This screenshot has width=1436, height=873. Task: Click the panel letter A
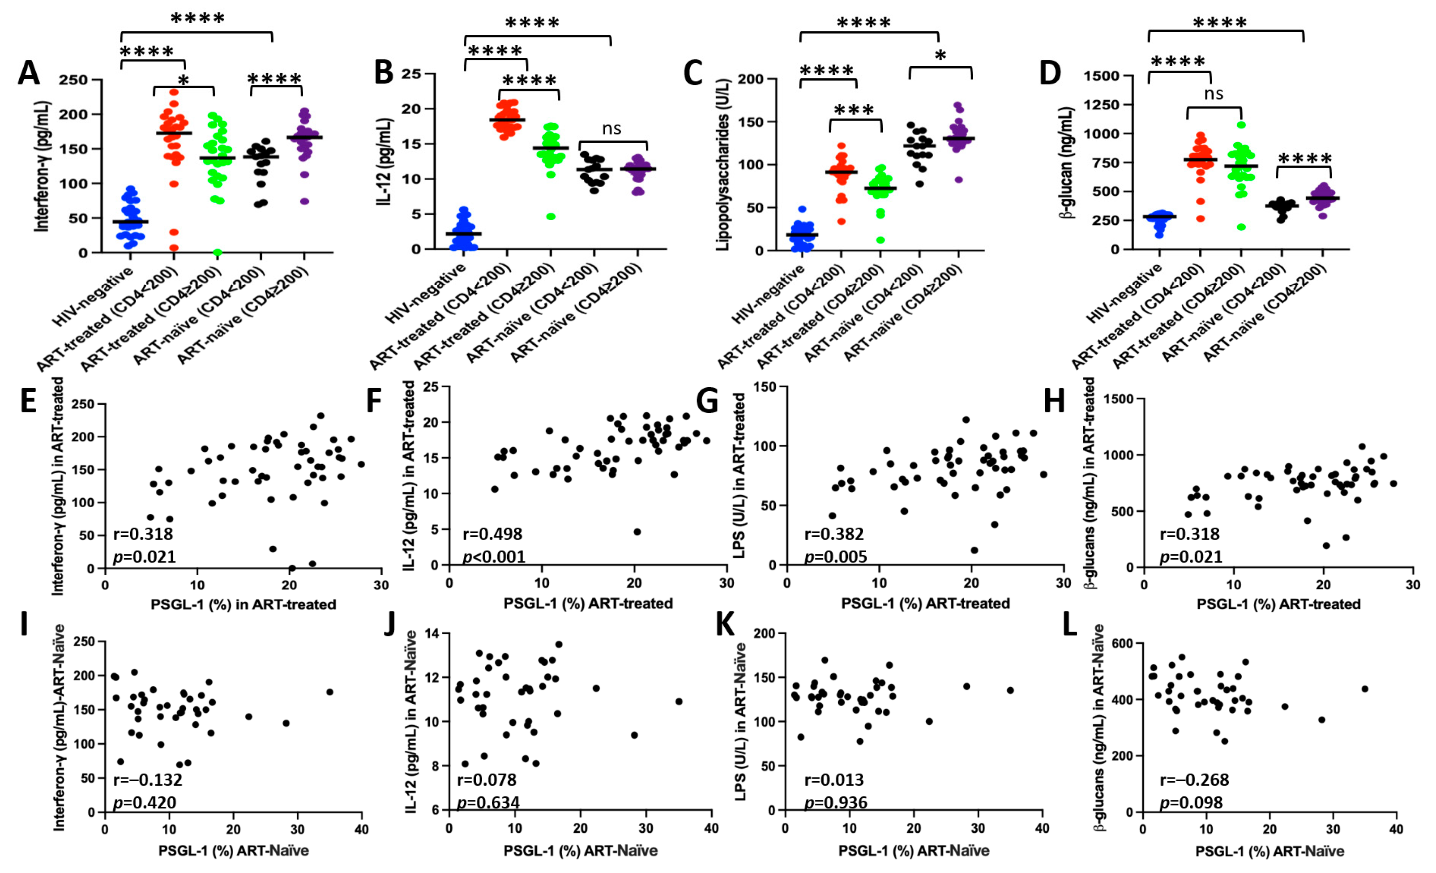29,74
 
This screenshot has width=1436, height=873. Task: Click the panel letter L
1069,625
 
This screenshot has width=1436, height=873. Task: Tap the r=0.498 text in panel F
492,534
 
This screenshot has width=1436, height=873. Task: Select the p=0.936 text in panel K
835,802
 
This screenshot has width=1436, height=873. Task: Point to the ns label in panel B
611,128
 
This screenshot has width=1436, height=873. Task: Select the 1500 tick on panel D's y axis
1102,76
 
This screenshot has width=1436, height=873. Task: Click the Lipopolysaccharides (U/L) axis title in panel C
722,165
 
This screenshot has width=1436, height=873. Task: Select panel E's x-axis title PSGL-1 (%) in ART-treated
243,604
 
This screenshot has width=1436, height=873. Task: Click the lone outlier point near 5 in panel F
637,531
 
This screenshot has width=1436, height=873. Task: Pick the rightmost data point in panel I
329,692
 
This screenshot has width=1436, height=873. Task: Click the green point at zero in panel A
218,252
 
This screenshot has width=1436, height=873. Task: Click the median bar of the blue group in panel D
1159,216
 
